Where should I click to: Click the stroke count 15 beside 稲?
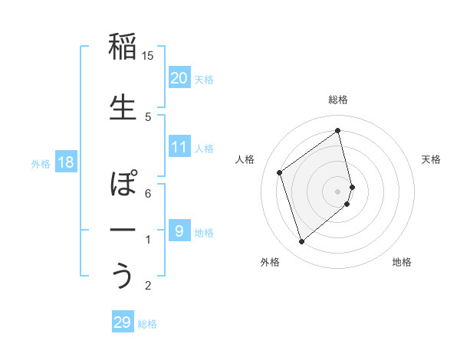pyautogui.click(x=148, y=56)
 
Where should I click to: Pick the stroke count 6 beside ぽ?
pyautogui.click(x=148, y=193)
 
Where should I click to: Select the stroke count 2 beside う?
pyautogui.click(x=148, y=286)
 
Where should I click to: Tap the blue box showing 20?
pyautogui.click(x=179, y=77)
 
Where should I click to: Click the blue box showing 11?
pyautogui.click(x=179, y=147)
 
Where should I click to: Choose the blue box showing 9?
pyautogui.click(x=179, y=231)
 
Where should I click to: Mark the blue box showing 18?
pyautogui.click(x=65, y=162)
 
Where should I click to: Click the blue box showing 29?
pyautogui.click(x=123, y=322)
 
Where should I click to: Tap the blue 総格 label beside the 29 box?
pyautogui.click(x=147, y=324)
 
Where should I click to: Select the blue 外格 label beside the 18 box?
pyautogui.click(x=40, y=163)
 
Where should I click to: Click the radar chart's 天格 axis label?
pyautogui.click(x=431, y=159)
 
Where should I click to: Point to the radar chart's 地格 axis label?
pyautogui.click(x=402, y=262)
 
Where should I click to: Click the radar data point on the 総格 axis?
pyautogui.click(x=337, y=131)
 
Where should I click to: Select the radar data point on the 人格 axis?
pyautogui.click(x=280, y=172)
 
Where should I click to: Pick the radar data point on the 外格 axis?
pyautogui.click(x=301, y=242)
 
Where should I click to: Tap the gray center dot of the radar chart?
pyautogui.click(x=337, y=191)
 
